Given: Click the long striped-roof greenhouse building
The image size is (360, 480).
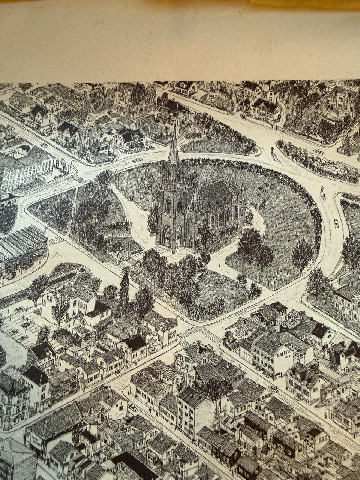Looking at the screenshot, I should tap(21, 246).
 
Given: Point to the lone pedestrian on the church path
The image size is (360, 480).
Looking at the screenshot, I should tap(220, 266).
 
